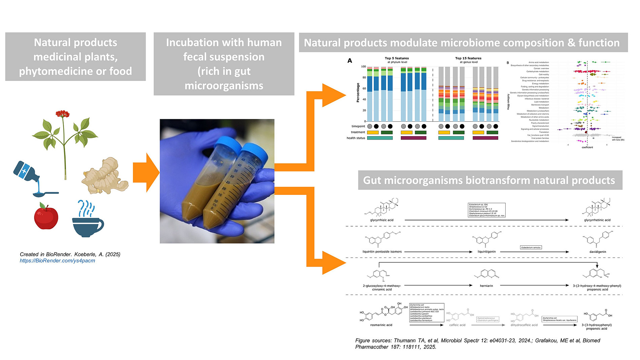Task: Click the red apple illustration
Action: (46, 216)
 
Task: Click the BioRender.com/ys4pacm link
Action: (57, 261)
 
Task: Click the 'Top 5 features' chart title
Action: (396, 58)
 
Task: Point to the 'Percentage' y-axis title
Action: (358, 93)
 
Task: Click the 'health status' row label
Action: (356, 138)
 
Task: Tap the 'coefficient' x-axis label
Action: (587, 147)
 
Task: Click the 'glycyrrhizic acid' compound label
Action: (382, 220)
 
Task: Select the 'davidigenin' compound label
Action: (598, 252)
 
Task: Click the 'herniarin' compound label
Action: (486, 286)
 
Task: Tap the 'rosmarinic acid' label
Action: (381, 325)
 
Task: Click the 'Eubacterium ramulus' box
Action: (531, 247)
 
